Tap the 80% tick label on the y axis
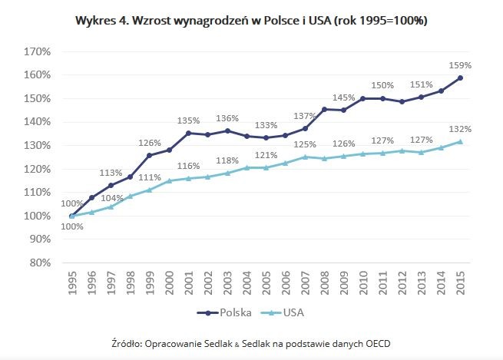click(x=40, y=262)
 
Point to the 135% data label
click(x=189, y=121)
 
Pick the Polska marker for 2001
click(x=189, y=134)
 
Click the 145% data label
click(x=344, y=98)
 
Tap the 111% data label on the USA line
click(x=150, y=178)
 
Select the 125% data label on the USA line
click(x=306, y=144)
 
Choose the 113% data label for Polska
click(x=111, y=173)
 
